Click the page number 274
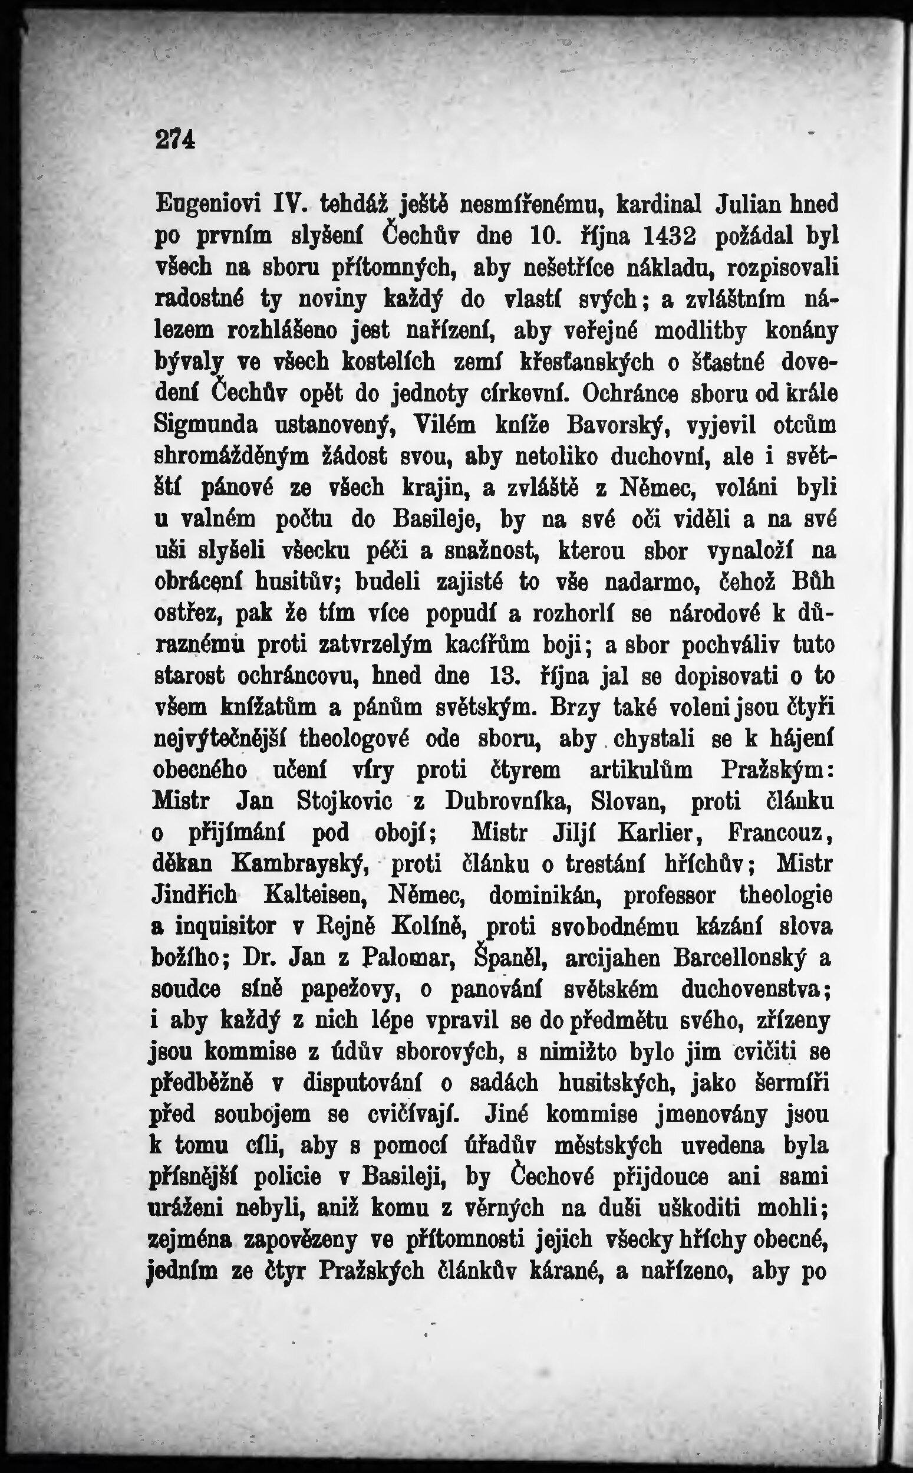point(176,140)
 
